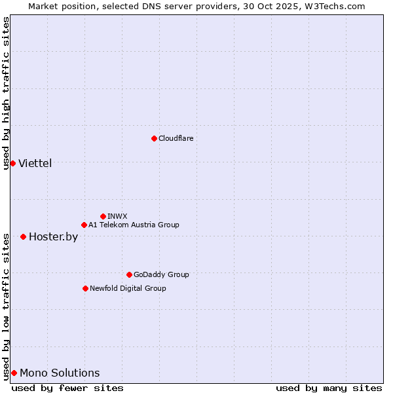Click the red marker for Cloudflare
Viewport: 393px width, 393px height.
(x=154, y=138)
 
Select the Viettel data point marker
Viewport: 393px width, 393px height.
(x=12, y=163)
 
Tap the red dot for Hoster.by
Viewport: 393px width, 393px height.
(x=23, y=236)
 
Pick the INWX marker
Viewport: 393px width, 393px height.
(x=103, y=216)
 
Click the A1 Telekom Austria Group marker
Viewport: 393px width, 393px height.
(x=84, y=225)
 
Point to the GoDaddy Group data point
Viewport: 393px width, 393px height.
(x=129, y=274)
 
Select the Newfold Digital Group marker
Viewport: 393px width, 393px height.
(x=85, y=288)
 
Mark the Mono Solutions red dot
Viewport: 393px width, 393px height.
(x=14, y=373)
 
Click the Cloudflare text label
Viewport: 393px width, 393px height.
(x=176, y=138)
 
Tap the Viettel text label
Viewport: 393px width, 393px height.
(x=35, y=163)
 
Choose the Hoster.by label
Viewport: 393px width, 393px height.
(x=53, y=236)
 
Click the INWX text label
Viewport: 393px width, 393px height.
(x=118, y=216)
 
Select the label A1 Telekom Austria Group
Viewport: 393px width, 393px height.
(x=134, y=225)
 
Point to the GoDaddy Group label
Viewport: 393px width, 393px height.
(x=161, y=274)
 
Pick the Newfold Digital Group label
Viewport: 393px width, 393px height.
(x=128, y=288)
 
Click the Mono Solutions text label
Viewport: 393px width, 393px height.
(x=60, y=373)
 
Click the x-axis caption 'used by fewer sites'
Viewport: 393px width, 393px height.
(x=67, y=388)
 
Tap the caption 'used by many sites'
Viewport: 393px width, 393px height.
(x=329, y=388)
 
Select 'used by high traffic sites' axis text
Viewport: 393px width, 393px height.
(x=6, y=93)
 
